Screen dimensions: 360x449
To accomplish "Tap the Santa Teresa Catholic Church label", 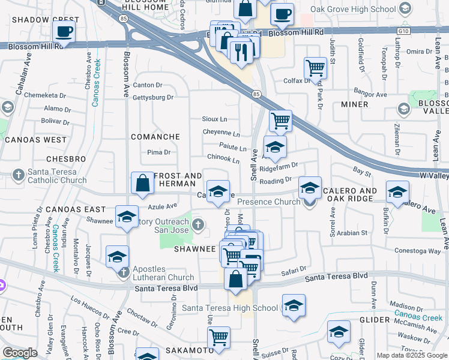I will point(57,175).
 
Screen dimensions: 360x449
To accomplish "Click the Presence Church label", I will point(269,202).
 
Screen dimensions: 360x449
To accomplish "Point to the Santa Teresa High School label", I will point(230,308).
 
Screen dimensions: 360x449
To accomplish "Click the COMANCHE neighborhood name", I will point(155,137).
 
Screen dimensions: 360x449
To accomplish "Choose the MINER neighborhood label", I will point(355,104).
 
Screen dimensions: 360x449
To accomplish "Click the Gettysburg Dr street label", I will point(152,97).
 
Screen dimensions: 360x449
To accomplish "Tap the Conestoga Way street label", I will point(418,251).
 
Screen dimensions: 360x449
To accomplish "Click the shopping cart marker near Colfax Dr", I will point(315,68).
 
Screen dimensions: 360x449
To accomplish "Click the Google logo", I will point(19,353).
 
